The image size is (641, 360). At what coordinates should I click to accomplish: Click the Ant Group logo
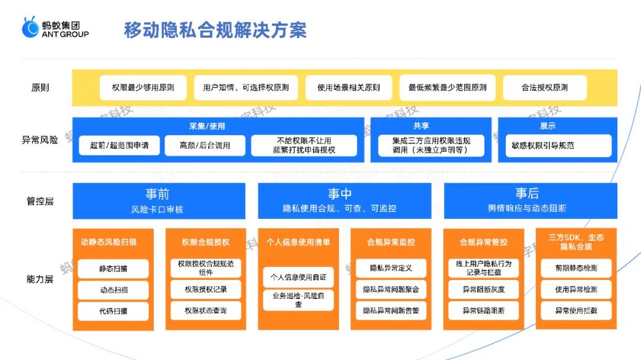[55, 28]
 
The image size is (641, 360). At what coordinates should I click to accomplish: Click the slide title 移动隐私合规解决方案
[215, 30]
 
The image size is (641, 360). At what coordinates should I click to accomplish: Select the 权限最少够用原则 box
[143, 87]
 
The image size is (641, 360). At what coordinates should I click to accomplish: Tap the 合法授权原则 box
[544, 87]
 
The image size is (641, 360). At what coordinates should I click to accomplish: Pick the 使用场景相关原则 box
[348, 87]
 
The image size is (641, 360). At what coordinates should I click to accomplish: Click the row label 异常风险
[40, 141]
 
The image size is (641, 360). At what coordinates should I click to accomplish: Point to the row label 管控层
[40, 201]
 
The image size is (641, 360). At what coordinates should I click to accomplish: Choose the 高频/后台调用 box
[205, 145]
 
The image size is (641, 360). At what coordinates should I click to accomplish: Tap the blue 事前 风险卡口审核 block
[158, 201]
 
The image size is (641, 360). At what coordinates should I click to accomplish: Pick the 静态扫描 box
[113, 269]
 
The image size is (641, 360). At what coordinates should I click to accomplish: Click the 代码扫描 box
[113, 311]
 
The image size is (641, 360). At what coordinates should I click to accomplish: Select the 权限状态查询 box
[205, 310]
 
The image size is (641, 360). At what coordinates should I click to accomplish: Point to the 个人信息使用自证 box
[299, 277]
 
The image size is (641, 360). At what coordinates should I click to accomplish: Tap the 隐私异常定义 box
[391, 268]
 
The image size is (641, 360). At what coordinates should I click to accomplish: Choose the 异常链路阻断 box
[484, 310]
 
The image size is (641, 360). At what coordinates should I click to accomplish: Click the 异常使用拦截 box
[576, 310]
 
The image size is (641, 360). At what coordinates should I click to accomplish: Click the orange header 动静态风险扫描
[112, 242]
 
